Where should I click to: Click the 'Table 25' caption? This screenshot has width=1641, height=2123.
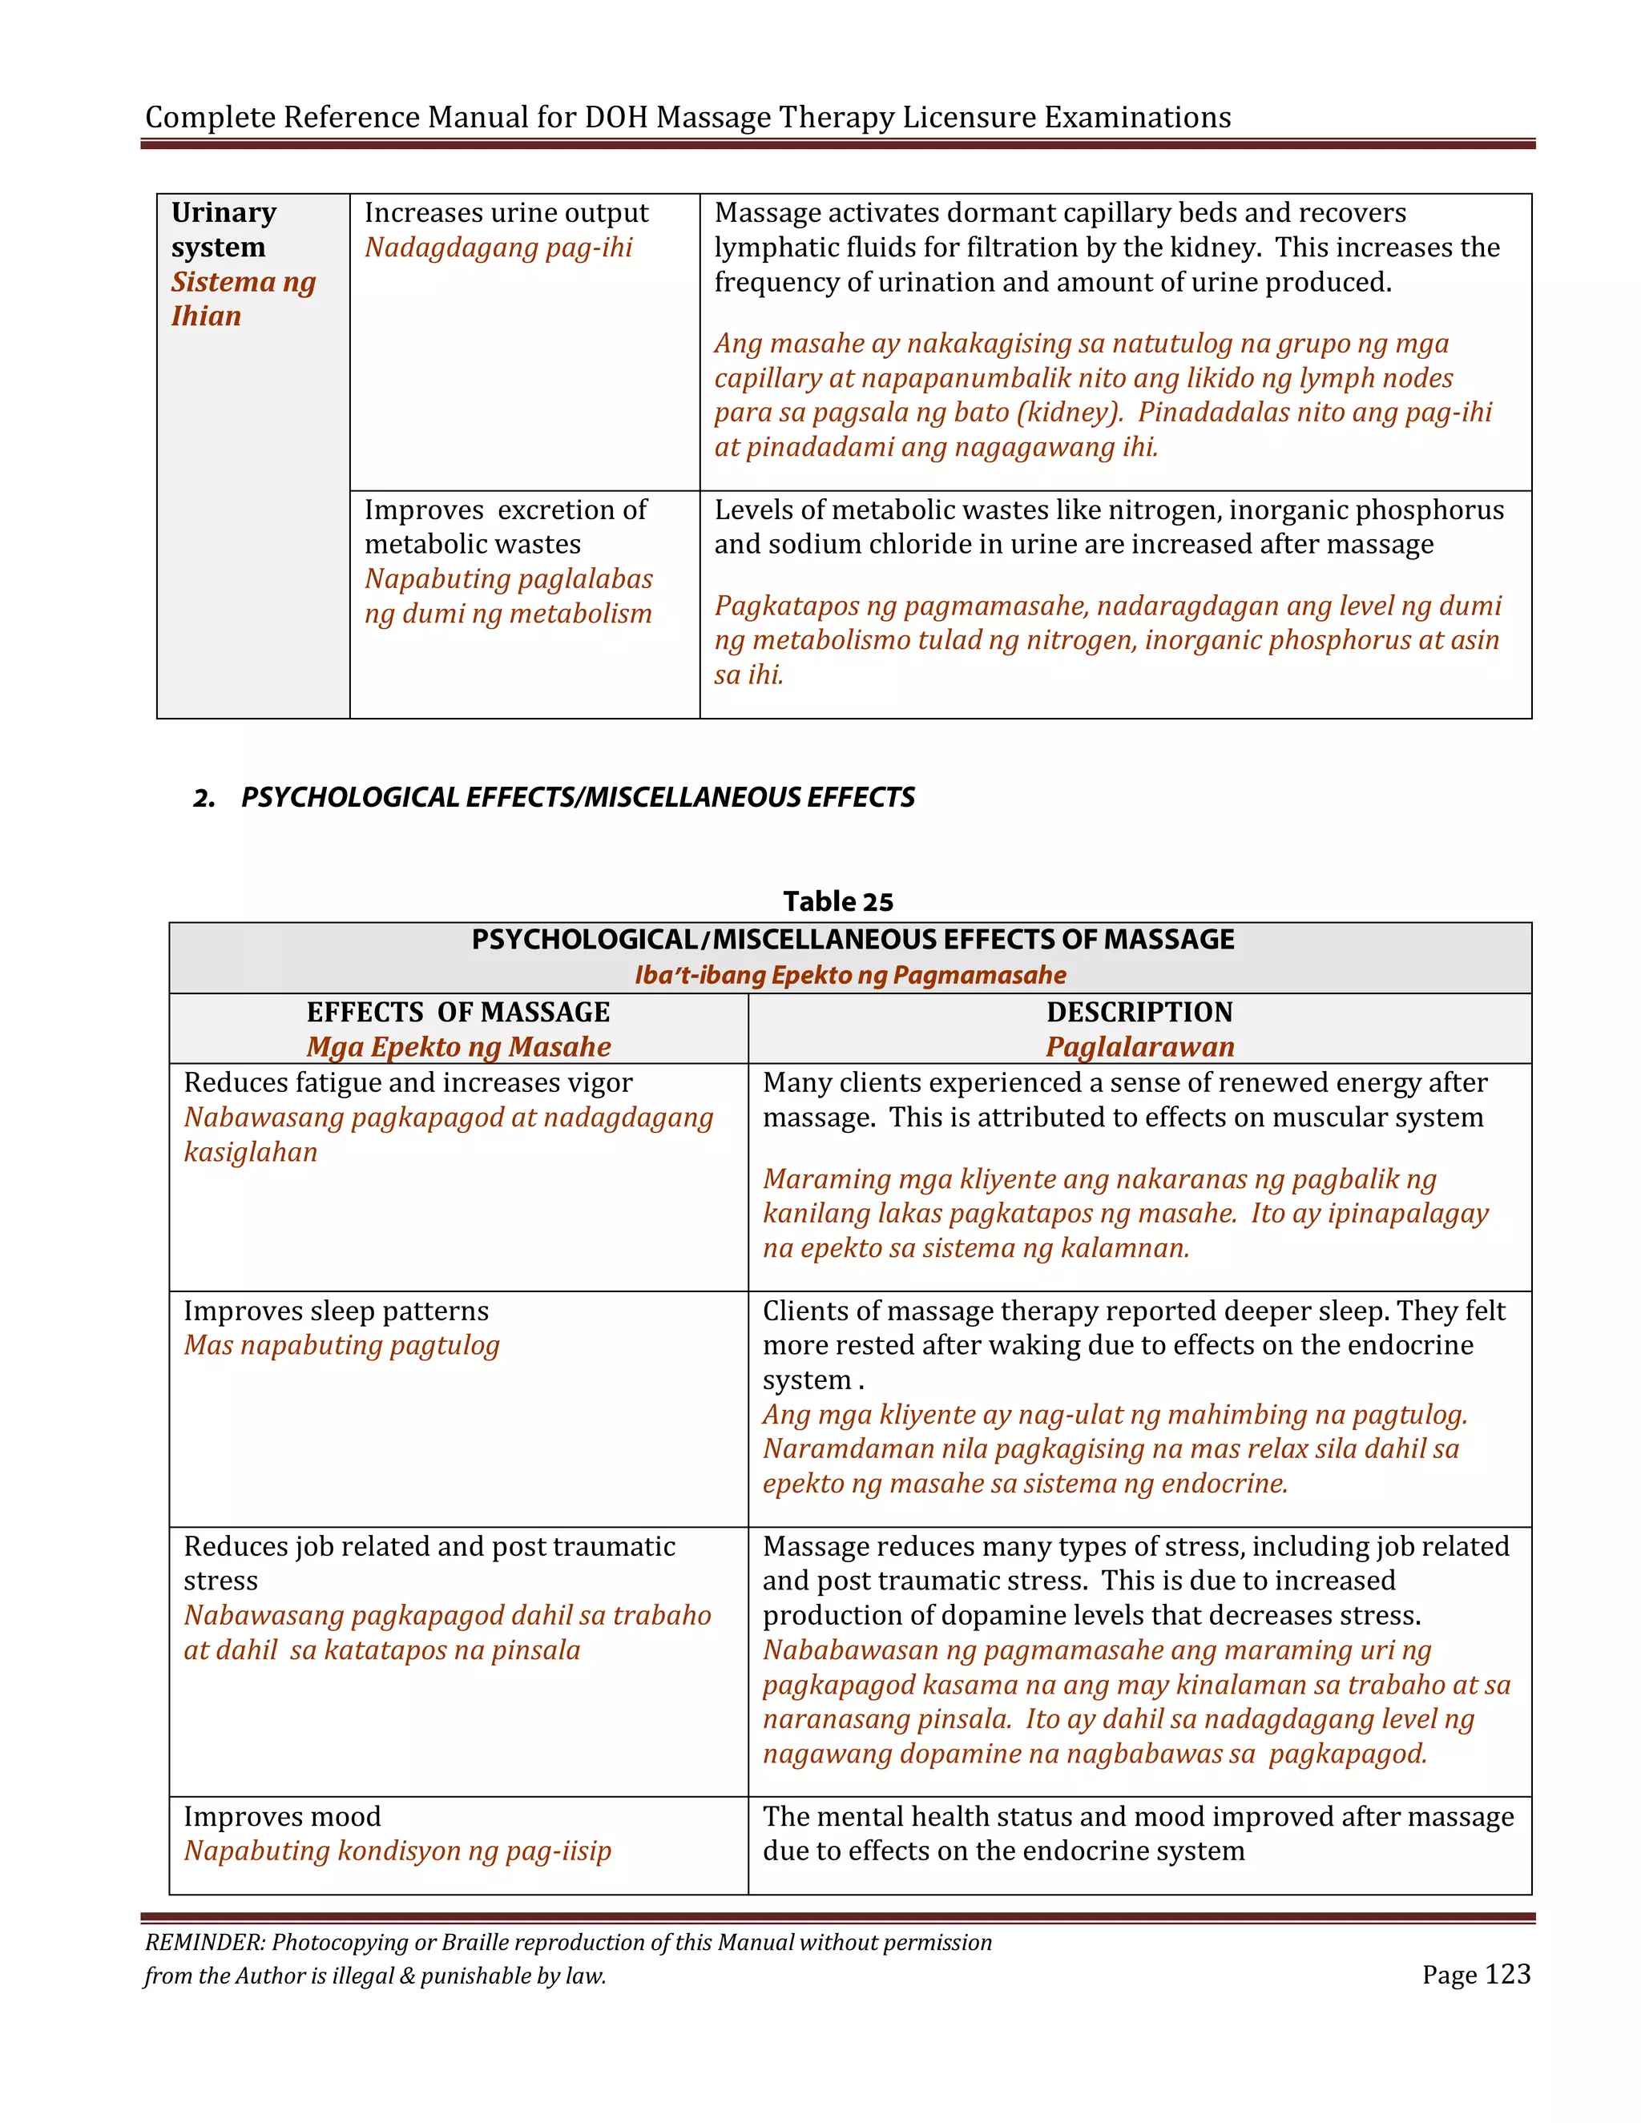coord(837,901)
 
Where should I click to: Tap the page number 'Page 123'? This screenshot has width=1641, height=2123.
coord(1475,1973)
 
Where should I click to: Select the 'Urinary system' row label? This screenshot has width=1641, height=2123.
coord(224,229)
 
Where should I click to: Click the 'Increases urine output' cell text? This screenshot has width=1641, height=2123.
coord(506,213)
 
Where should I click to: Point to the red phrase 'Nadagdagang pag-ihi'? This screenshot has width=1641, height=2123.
coord(498,248)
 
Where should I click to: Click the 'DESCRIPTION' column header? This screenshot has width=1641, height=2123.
coord(1139,1012)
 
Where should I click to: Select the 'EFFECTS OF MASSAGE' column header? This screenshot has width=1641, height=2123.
coord(458,1012)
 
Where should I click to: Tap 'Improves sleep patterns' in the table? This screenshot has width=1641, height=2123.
coord(336,1311)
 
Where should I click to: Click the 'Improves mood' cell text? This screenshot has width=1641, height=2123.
coord(282,1816)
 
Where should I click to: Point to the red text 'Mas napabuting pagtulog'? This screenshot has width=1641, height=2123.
coord(341,1345)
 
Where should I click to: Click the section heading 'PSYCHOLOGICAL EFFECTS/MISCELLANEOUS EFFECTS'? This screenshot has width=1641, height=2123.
coord(578,797)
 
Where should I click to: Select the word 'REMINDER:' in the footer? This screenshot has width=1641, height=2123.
coord(204,1942)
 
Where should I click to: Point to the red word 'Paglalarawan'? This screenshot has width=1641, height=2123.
coord(1139,1047)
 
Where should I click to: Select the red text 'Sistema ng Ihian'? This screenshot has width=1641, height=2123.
coord(243,299)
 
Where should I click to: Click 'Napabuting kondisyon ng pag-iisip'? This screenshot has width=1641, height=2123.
coord(397,1851)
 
